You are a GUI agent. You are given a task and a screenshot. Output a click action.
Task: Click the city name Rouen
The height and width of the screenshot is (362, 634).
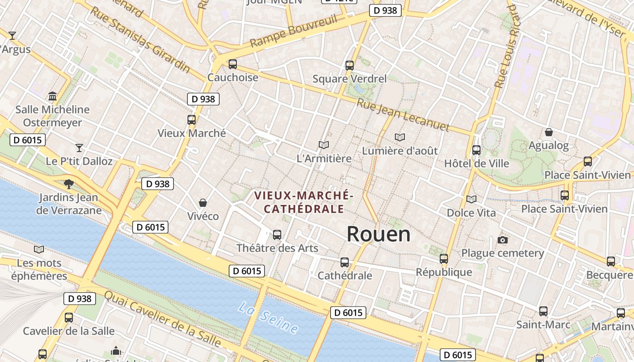pyautogui.click(x=379, y=234)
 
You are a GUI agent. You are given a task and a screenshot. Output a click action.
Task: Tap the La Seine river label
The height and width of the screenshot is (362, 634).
pyautogui.click(x=269, y=319)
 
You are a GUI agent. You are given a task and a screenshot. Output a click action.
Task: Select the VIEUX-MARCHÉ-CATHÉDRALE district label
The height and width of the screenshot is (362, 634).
pyautogui.click(x=303, y=202)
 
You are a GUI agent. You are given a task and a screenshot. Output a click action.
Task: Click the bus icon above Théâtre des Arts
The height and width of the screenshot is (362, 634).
pyautogui.click(x=277, y=235)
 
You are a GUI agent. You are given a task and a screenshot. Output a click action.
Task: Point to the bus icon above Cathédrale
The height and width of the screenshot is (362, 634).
pyautogui.click(x=345, y=262)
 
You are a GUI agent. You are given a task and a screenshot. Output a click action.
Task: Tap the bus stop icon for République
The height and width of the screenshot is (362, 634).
pyautogui.click(x=444, y=259)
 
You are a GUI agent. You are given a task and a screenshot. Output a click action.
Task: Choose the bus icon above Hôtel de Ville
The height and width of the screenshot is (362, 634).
pyautogui.click(x=476, y=150)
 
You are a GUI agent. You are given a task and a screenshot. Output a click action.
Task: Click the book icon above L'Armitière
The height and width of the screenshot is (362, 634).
pyautogui.click(x=323, y=145)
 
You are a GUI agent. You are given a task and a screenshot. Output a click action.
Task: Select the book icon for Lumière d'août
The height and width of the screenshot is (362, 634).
pyautogui.click(x=400, y=137)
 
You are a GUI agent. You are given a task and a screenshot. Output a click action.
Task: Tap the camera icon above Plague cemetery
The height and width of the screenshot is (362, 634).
pyautogui.click(x=502, y=240)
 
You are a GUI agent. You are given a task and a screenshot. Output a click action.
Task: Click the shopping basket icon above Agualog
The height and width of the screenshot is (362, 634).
pyautogui.click(x=549, y=132)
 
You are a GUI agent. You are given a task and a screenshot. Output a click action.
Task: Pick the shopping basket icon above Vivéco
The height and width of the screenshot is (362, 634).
pyautogui.click(x=203, y=203)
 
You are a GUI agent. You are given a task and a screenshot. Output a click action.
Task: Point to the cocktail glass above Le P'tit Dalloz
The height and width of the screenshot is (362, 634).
pyautogui.click(x=79, y=148)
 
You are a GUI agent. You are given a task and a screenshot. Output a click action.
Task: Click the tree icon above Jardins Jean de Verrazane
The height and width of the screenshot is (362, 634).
pyautogui.click(x=69, y=184)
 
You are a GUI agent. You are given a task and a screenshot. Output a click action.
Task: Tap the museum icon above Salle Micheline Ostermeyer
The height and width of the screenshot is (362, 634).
pyautogui.click(x=53, y=96)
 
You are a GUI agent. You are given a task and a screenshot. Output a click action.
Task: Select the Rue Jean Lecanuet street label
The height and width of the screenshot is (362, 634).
pyautogui.click(x=403, y=115)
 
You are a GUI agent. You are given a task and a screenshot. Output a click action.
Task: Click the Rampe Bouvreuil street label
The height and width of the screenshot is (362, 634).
pyautogui.click(x=294, y=31)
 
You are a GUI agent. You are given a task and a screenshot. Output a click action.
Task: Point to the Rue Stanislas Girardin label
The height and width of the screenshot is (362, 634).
pyautogui.click(x=141, y=39)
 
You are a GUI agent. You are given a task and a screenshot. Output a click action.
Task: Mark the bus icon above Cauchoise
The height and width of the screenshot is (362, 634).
pyautogui.click(x=233, y=64)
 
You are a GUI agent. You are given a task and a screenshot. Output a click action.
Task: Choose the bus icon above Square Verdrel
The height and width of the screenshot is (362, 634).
pyautogui.click(x=350, y=65)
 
